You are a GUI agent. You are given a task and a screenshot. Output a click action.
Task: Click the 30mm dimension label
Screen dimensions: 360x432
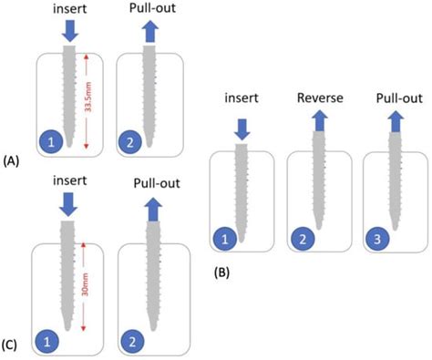click(83, 283)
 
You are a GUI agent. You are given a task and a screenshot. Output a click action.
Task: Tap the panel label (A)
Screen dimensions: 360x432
click(12, 161)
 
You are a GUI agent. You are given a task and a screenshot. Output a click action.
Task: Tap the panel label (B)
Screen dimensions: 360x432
click(224, 272)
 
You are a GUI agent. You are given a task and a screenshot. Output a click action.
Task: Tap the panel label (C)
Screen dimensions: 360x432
click(12, 344)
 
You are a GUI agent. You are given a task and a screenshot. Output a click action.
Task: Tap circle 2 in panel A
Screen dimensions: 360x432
click(132, 142)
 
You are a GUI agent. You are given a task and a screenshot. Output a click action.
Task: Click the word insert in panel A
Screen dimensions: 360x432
click(68, 8)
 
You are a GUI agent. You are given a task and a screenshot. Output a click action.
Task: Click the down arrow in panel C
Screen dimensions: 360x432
click(68, 211)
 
